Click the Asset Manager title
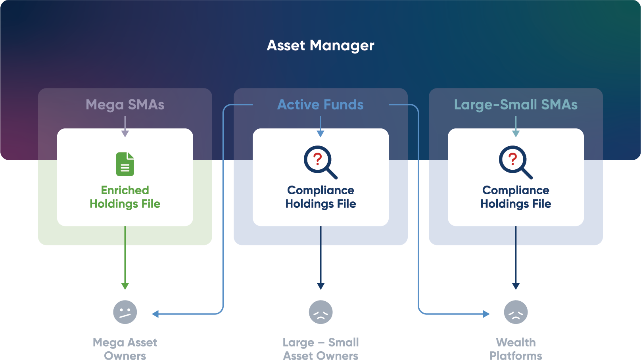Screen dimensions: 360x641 (320, 46)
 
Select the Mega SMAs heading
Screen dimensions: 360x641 (125, 105)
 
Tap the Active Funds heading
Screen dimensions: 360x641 (320, 105)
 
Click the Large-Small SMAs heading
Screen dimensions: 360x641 (516, 105)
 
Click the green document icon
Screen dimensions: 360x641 (125, 164)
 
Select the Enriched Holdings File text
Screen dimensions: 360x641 (125, 197)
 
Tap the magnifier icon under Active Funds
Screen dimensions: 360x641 (320, 162)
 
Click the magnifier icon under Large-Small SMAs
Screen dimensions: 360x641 (515, 162)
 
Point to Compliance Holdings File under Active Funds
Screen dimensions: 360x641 (320, 197)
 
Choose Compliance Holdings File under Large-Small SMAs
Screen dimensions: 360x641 (516, 197)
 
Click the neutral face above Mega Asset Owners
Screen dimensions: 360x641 (125, 312)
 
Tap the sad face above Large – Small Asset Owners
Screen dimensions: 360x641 (320, 312)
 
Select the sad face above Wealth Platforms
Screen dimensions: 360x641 (516, 312)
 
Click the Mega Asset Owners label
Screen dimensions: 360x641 (125, 349)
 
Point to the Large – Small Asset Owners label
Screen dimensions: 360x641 (320, 349)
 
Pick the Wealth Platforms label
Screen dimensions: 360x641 (516, 349)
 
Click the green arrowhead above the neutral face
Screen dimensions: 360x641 (125, 286)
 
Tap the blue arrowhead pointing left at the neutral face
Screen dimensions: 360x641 (155, 314)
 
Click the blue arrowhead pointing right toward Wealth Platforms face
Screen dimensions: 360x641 (486, 314)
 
